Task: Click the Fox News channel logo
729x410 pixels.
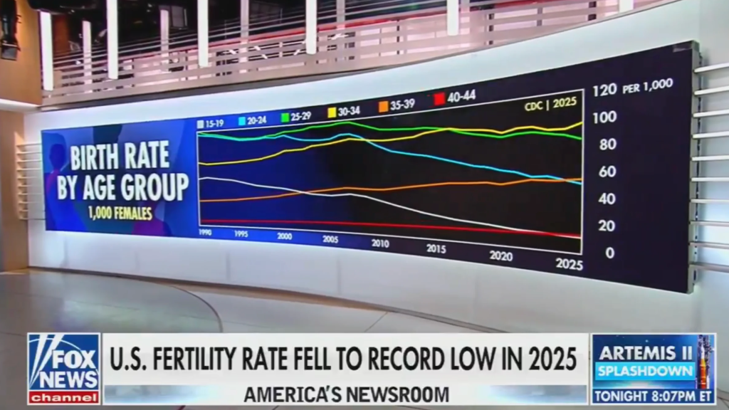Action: [63, 369]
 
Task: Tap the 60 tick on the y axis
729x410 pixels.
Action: [607, 171]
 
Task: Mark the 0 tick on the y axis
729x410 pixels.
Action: [609, 252]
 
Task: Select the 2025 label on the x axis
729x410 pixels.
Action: [569, 264]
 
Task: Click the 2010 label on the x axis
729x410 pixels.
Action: [380, 243]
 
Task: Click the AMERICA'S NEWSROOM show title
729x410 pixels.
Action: [346, 394]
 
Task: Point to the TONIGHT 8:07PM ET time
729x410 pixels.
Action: [653, 395]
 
